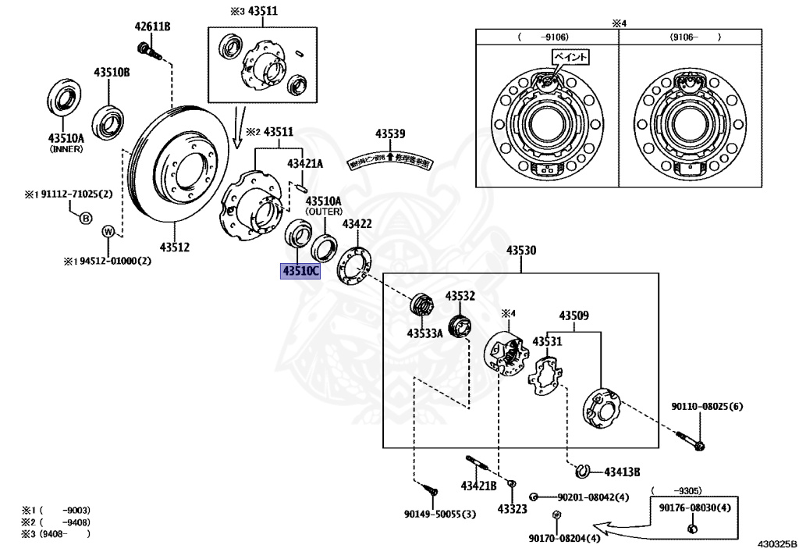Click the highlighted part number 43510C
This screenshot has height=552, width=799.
[301, 272]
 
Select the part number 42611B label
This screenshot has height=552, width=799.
[152, 27]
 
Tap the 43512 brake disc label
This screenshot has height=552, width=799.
[175, 248]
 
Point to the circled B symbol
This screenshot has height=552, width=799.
[86, 218]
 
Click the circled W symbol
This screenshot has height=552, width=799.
[109, 231]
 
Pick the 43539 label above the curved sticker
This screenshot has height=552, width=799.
[390, 134]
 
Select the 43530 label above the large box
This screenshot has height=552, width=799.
[520, 251]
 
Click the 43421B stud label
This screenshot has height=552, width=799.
[478, 486]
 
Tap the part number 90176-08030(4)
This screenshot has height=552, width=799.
[694, 508]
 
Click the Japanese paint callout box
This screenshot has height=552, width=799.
[570, 57]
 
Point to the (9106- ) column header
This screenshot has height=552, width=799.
[694, 37]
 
